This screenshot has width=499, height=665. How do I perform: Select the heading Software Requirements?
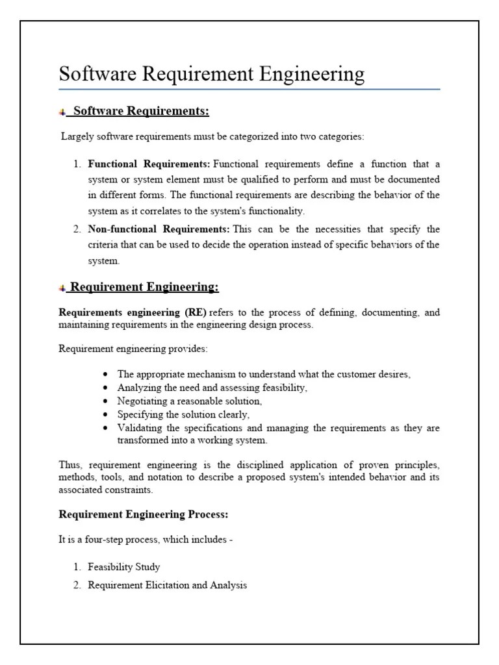(141, 111)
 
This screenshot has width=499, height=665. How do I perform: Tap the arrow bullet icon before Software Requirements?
(62, 112)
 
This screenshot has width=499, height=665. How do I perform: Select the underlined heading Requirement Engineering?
(144, 287)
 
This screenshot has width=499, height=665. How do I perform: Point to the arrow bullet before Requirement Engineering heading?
(62, 288)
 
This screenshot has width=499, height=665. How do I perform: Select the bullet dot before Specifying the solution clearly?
(106, 414)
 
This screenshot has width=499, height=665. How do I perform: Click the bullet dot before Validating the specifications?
(106, 428)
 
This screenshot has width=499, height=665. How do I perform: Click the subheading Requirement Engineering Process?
(144, 514)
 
